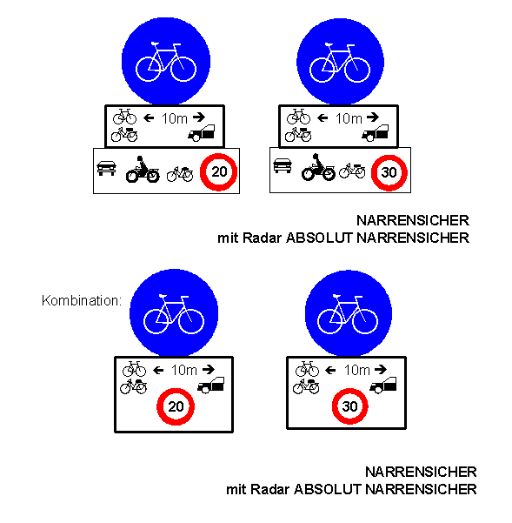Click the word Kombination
[x=80, y=300]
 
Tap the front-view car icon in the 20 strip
[x=107, y=168]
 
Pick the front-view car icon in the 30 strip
[x=283, y=166]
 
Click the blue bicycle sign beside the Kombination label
[x=174, y=313]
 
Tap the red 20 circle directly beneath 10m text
[x=176, y=406]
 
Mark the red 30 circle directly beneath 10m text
[x=350, y=406]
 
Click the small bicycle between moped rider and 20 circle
[x=180, y=174]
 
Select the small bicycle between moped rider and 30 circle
[x=352, y=171]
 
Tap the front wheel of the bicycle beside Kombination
[x=191, y=321]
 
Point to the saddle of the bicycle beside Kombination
[x=163, y=296]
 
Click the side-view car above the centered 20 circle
[x=211, y=386]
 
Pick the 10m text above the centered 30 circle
[x=357, y=370]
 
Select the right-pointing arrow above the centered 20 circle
[x=209, y=369]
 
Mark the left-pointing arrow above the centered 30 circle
[x=330, y=370]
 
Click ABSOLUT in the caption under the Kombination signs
[x=328, y=490]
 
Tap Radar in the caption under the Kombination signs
[x=270, y=490]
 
